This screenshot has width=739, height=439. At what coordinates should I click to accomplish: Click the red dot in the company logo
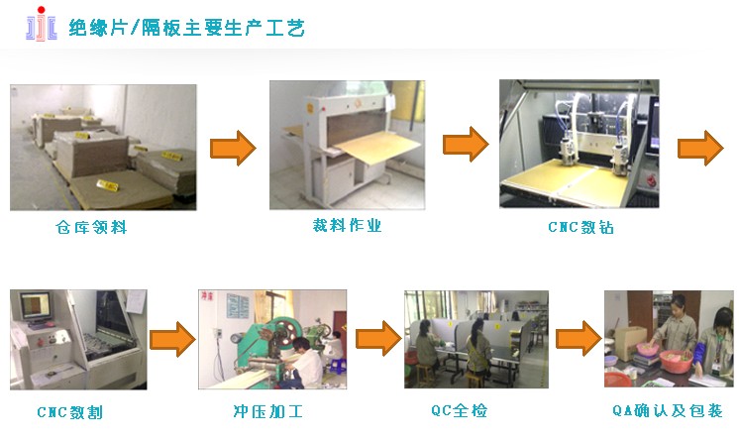41,10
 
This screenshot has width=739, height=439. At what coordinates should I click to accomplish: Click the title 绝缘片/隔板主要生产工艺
186,28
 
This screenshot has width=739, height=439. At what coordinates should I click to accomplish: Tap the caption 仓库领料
91,227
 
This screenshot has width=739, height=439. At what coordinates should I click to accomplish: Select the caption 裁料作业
347,225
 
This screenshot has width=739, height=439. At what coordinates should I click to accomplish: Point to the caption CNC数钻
581,227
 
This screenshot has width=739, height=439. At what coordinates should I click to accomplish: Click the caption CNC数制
69,412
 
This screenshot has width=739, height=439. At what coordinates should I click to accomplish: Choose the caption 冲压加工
267,411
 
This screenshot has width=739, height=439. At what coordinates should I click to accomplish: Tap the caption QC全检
459,410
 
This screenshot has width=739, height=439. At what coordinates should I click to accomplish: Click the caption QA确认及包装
668,410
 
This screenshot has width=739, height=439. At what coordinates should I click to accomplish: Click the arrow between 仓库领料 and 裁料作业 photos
233,148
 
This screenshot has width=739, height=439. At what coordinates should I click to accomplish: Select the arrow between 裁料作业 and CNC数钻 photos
466,145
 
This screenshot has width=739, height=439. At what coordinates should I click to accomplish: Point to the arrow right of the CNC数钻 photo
700,148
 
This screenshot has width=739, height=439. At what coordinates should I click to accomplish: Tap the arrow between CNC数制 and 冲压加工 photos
172,339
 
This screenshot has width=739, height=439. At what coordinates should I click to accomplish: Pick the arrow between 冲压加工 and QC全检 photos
378,338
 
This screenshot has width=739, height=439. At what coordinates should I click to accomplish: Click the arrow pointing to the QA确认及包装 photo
579,338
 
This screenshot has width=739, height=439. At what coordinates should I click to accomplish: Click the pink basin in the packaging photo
676,361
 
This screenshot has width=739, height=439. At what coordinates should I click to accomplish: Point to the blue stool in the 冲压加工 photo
338,367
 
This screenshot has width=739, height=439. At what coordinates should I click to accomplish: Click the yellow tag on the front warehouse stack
107,185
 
